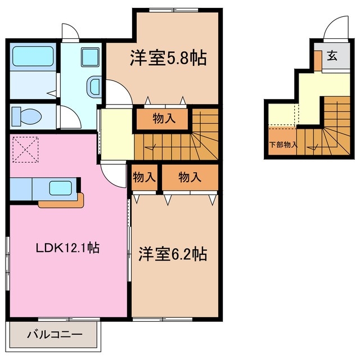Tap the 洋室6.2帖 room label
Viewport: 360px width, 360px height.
(x=173, y=254)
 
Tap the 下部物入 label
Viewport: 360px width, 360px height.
(x=283, y=145)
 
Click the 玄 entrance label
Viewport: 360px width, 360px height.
(x=332, y=56)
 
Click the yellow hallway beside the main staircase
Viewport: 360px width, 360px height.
(x=116, y=135)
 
